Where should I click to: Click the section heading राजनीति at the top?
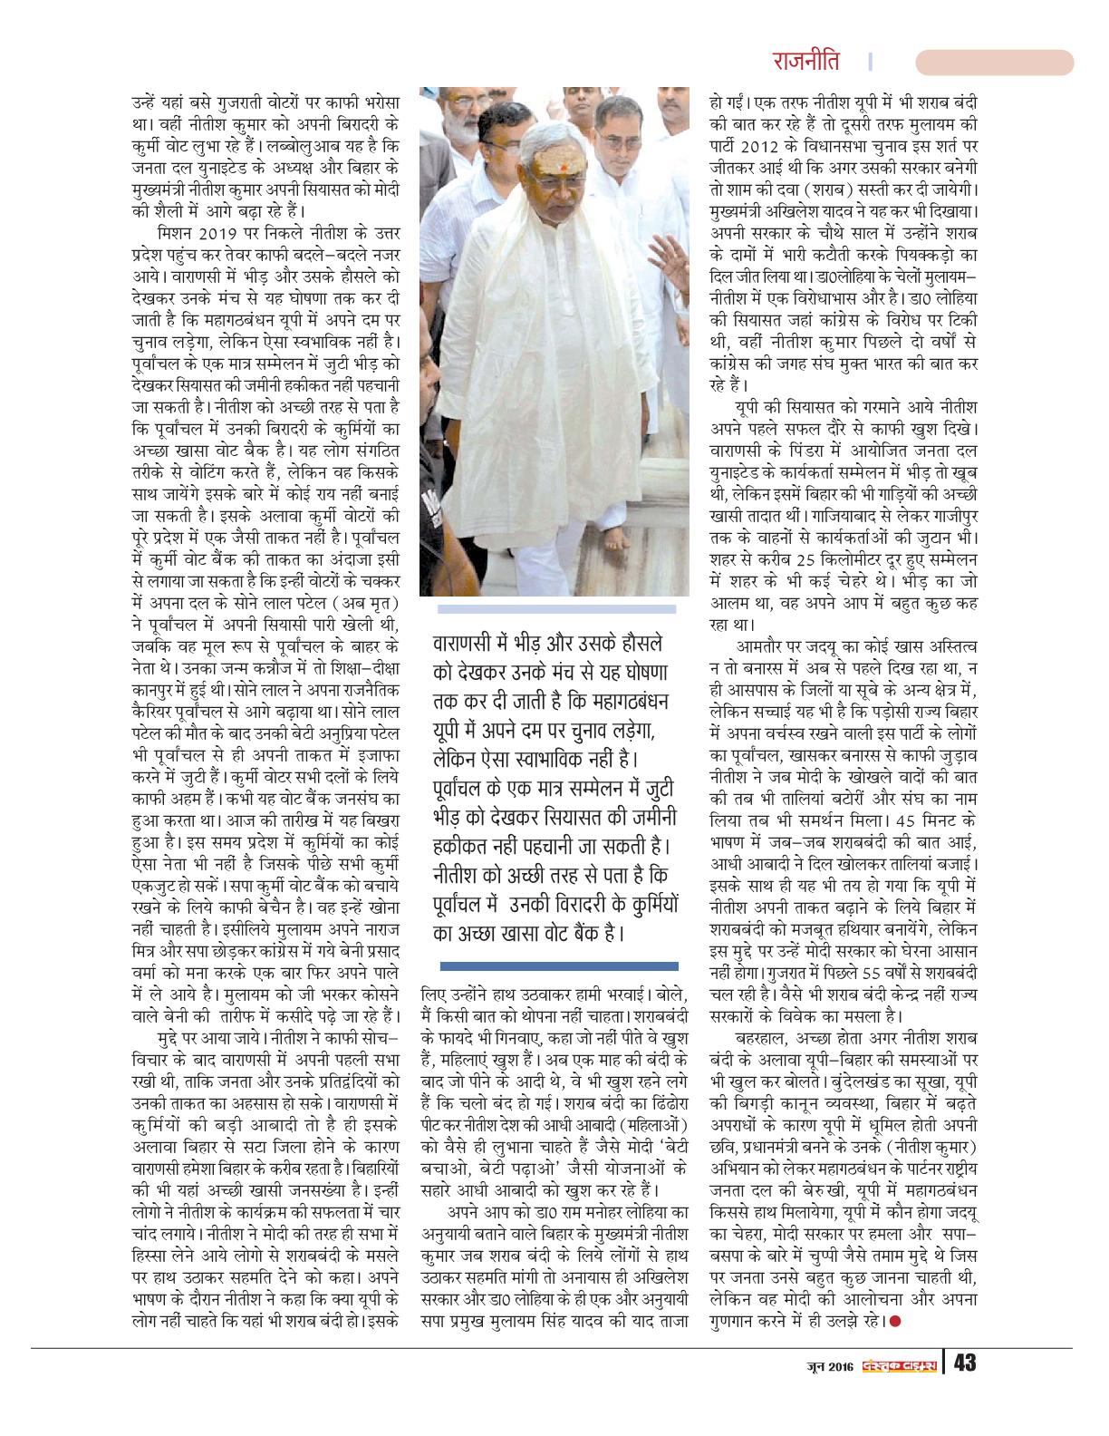coord(805,61)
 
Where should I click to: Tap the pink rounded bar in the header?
coord(994,63)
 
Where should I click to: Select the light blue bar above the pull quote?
coord(556,609)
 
